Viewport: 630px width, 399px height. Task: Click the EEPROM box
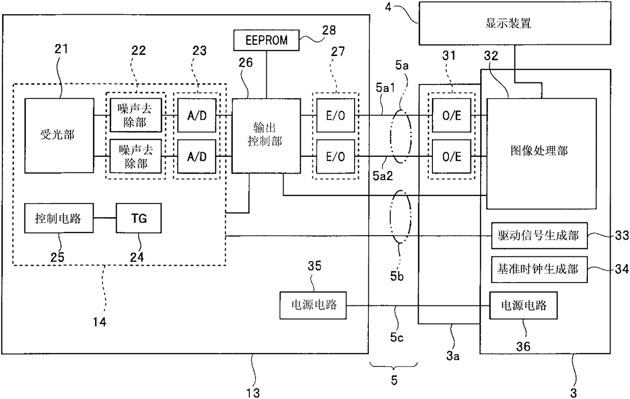[266, 40]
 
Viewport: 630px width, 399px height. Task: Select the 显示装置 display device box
[515, 23]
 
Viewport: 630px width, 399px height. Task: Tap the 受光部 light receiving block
[59, 135]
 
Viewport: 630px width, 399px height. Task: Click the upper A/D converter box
[197, 115]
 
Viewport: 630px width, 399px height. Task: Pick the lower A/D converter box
[197, 156]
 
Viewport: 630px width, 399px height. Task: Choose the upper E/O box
[335, 115]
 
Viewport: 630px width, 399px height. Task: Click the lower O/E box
[451, 156]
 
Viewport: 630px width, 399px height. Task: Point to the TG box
[139, 218]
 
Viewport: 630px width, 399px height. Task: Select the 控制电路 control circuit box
[59, 218]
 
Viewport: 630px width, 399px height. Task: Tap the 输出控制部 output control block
[266, 135]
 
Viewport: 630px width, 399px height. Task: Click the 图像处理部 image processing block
[542, 154]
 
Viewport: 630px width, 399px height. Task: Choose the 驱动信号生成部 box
[540, 236]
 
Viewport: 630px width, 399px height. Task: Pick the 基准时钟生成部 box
[540, 270]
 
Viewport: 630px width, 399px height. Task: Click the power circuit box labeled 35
[313, 305]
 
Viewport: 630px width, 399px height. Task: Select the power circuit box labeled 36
[523, 305]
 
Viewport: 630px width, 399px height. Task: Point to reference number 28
[329, 30]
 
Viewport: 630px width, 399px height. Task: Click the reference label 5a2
[383, 176]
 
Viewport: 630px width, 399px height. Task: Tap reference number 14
[100, 322]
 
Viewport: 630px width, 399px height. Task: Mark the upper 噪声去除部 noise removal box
[136, 115]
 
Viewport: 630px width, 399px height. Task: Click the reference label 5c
[397, 337]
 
